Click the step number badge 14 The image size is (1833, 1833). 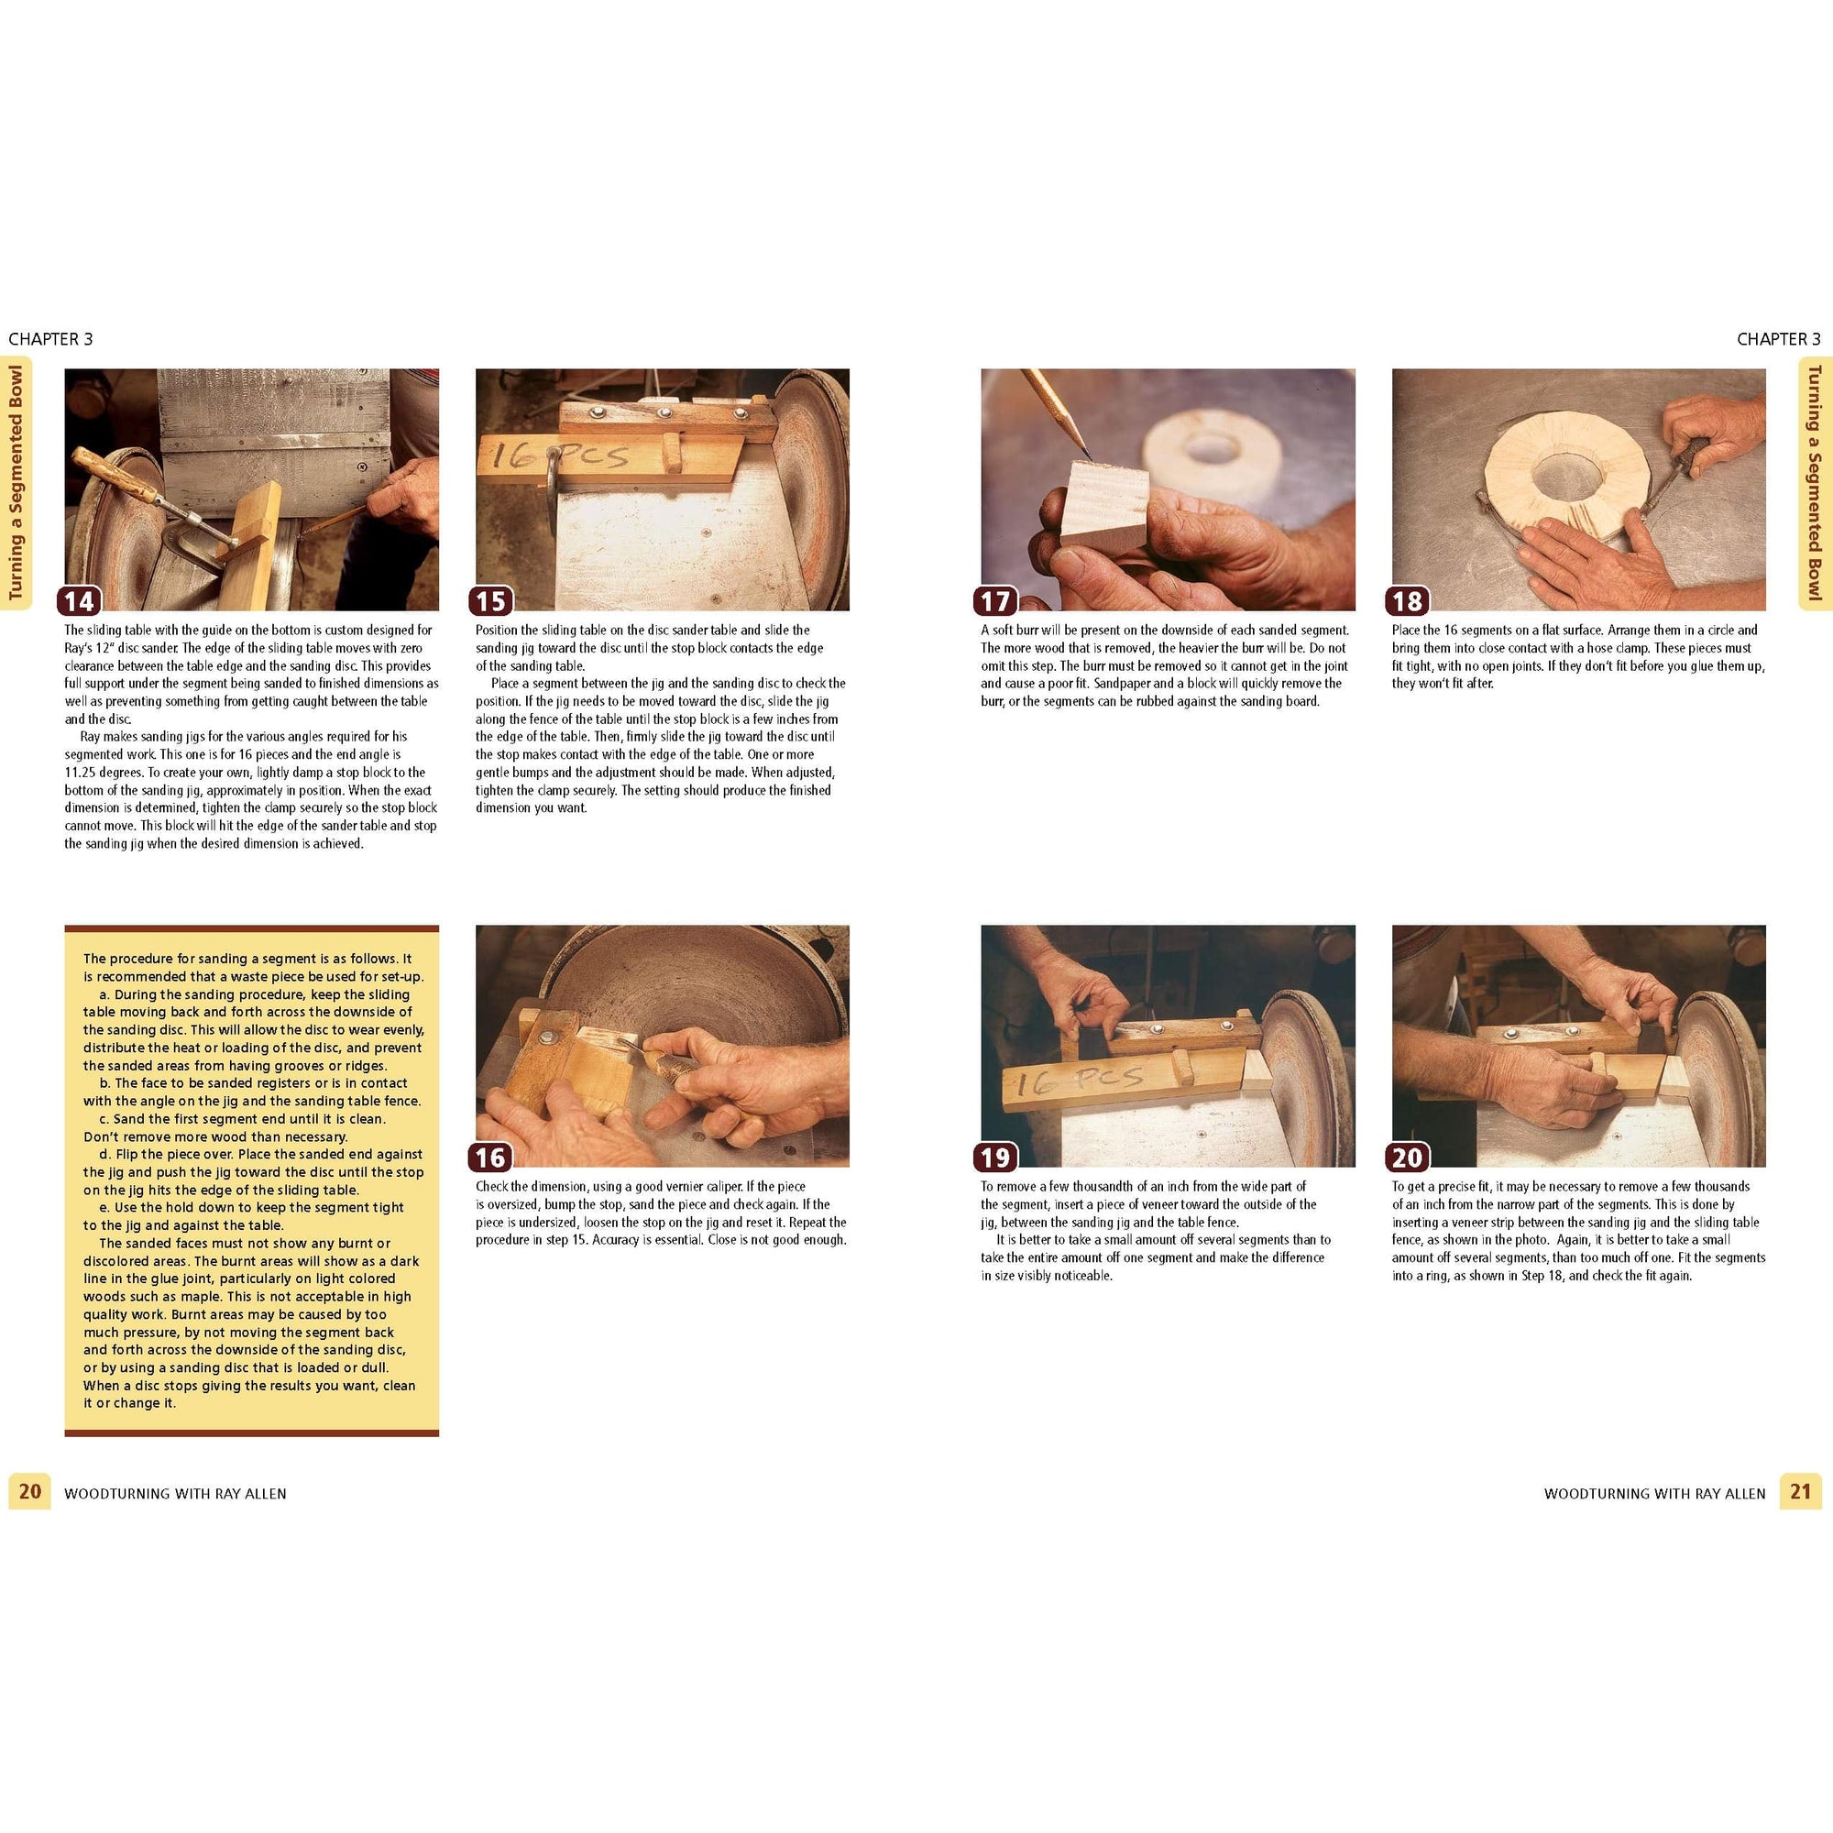pos(80,600)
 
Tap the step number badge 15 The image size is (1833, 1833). pos(490,600)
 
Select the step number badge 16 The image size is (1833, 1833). pos(490,1158)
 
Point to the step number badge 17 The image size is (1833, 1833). pos(996,600)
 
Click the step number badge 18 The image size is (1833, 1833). pos(1407,600)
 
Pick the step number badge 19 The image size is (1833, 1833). pos(996,1158)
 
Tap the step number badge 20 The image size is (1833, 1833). pos(1407,1158)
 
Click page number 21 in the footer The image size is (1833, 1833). pos(1800,1490)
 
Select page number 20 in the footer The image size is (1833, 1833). pos(30,1490)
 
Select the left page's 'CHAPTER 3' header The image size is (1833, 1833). pos(50,339)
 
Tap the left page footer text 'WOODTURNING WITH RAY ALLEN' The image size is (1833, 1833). pos(176,1493)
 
